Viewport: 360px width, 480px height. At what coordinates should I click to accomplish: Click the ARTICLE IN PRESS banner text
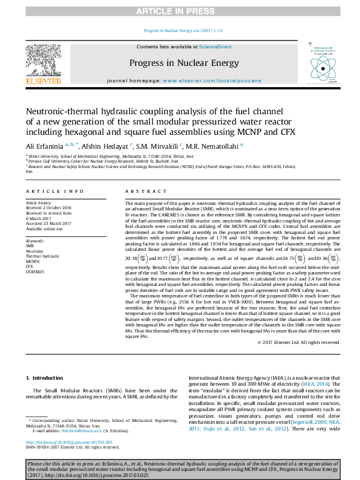(x=179, y=11)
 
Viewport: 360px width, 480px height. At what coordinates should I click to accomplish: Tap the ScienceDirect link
(x=216, y=47)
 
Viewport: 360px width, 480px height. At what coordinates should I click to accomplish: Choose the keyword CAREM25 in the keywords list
(x=35, y=272)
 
